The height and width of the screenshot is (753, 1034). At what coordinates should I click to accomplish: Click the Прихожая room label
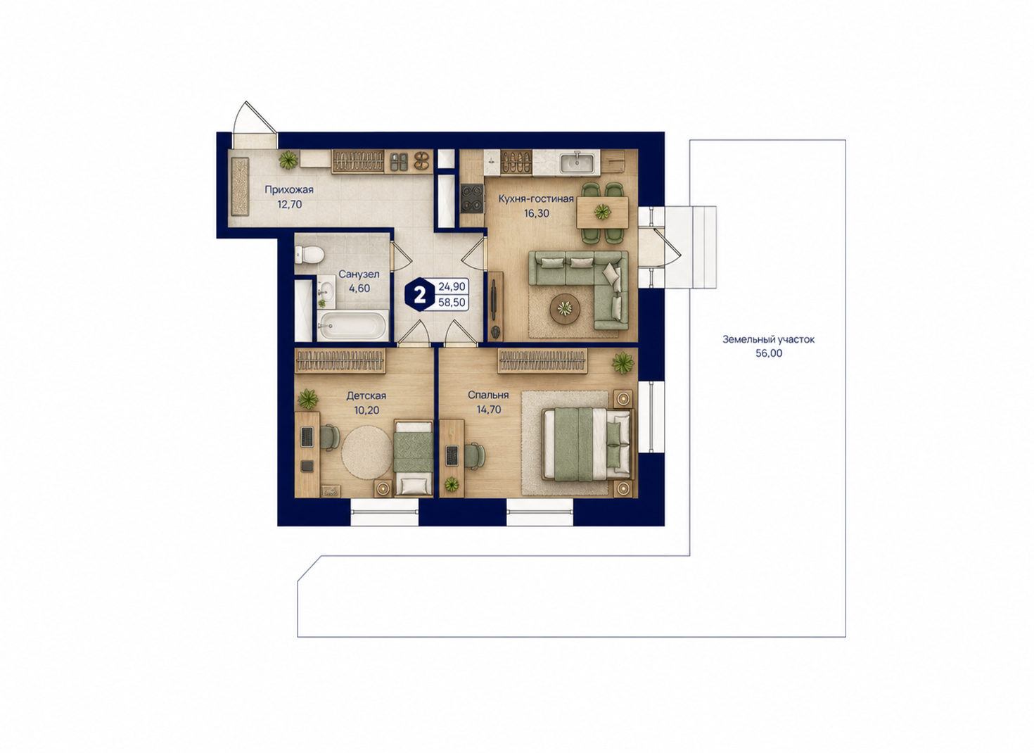[289, 189]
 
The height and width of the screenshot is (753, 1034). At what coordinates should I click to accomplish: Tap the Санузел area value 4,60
[359, 289]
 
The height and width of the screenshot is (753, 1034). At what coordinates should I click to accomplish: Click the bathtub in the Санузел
[352, 326]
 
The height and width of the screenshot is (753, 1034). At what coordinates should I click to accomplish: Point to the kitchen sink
[577, 163]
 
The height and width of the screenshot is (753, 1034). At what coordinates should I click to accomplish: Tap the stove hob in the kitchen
[472, 198]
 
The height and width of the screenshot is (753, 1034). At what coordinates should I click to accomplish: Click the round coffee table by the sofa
[565, 308]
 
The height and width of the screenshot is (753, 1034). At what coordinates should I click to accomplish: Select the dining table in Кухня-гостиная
[602, 212]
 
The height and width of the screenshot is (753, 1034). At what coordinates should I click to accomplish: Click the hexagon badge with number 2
[420, 295]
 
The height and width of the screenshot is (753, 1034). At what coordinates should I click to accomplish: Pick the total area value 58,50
[452, 303]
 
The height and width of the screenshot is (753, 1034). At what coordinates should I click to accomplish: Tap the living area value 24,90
[452, 286]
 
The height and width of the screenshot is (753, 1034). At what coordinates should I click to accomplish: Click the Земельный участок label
[769, 339]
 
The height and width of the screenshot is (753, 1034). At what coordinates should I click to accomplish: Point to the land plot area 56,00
[769, 353]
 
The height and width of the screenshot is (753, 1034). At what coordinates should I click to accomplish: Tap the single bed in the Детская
[413, 457]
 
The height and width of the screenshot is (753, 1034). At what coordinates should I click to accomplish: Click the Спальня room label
[488, 395]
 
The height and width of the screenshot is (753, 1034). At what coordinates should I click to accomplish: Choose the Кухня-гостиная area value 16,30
[537, 213]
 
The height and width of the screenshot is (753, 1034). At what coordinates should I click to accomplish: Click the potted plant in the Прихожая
[288, 160]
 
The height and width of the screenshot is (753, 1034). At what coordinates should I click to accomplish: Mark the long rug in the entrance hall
[240, 186]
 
